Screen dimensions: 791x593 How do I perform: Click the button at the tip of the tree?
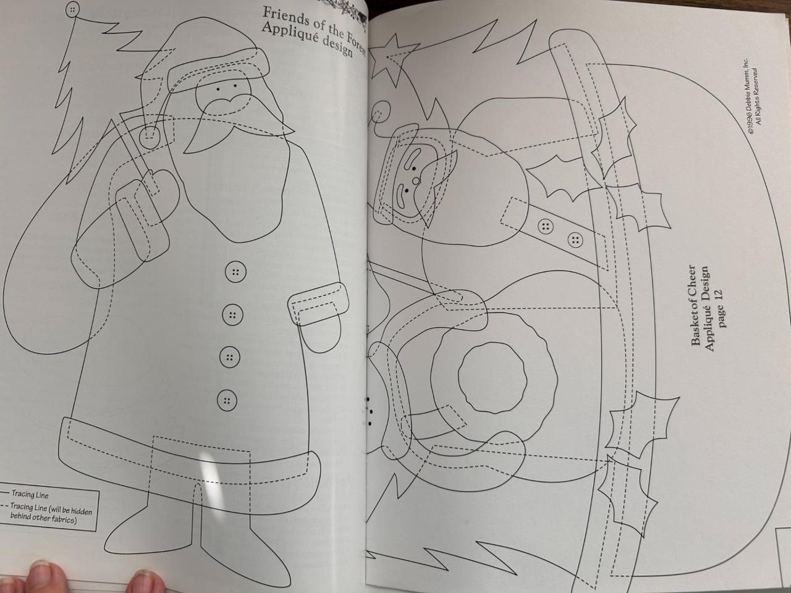[x=72, y=9]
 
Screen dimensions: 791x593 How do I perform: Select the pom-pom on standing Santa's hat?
[x=149, y=137]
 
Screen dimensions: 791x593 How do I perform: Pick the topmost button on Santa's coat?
[x=235, y=272]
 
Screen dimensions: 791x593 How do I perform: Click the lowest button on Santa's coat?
[x=227, y=400]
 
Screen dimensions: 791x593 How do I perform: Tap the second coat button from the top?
[x=232, y=316]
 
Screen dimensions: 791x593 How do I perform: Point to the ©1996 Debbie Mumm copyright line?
[x=747, y=96]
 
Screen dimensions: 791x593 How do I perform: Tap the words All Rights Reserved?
[x=756, y=97]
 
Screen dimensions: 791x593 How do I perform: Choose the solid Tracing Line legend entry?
[x=25, y=494]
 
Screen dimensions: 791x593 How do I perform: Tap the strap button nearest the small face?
[x=546, y=227]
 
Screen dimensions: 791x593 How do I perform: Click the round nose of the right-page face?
[x=417, y=180]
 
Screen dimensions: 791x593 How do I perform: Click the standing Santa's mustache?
[x=224, y=103]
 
